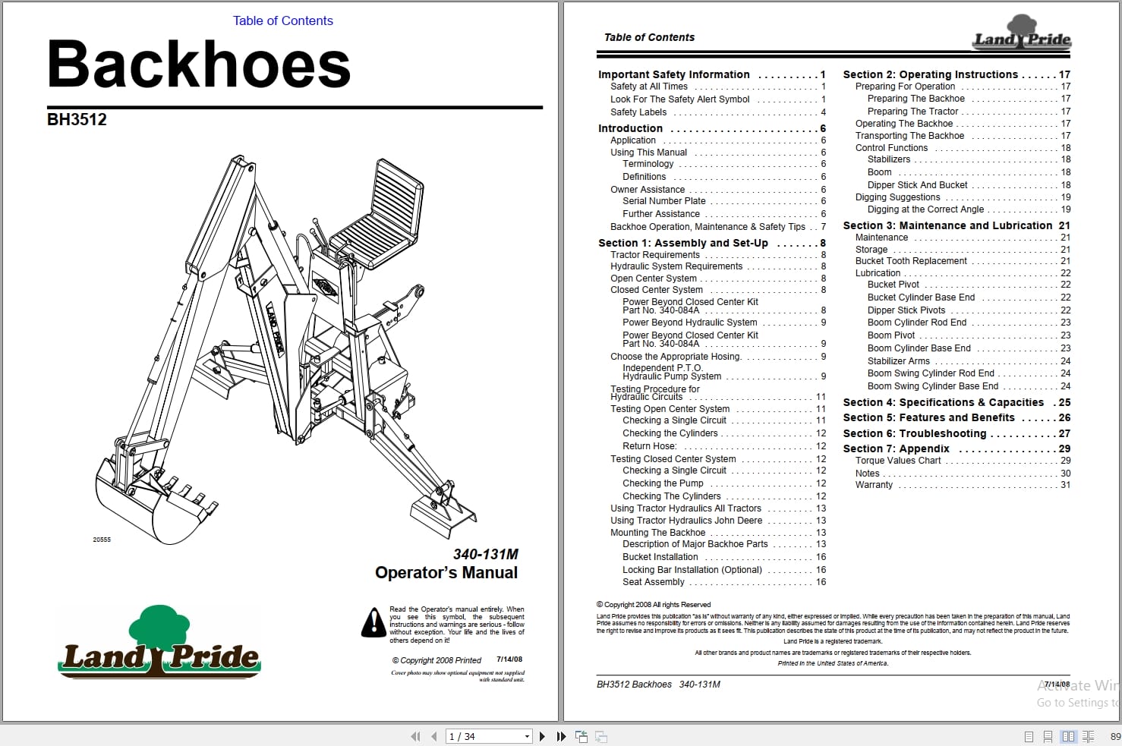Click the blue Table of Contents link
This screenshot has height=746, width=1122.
282,21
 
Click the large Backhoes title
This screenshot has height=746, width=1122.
199,65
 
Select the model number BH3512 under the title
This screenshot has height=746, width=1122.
77,120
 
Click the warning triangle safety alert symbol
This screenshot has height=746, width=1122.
373,623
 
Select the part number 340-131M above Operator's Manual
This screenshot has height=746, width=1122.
485,554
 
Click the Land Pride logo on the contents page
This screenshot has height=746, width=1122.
1022,38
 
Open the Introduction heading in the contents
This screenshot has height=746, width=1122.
630,128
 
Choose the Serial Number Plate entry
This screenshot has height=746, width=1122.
663,201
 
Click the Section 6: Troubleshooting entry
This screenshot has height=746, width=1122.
914,433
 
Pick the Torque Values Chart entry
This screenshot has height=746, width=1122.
898,461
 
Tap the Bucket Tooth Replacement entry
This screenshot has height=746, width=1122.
911,261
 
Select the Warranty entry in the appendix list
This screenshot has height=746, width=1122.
874,485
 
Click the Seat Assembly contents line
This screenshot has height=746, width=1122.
653,582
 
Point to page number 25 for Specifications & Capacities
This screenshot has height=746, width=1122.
1064,403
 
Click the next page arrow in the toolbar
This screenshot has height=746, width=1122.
542,736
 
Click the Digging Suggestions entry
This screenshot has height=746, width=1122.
897,197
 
